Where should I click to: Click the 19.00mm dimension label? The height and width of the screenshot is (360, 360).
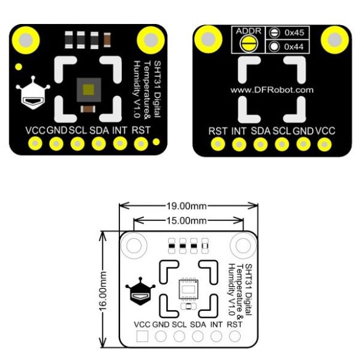click(186, 206)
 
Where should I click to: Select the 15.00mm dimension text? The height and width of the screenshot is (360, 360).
click(186, 221)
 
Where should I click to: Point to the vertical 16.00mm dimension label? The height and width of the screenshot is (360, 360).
click(103, 291)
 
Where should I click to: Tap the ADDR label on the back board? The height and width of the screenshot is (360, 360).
click(249, 31)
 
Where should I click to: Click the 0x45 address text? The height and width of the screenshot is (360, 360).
click(294, 33)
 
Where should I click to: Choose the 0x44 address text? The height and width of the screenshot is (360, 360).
click(294, 47)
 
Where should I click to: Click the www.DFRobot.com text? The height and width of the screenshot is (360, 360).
click(272, 90)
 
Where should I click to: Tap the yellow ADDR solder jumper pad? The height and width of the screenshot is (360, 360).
click(249, 44)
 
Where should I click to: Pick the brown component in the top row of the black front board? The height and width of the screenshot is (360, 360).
click(107, 40)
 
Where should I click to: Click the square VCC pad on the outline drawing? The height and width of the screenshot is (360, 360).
click(142, 337)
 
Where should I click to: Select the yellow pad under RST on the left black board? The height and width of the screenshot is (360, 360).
click(141, 144)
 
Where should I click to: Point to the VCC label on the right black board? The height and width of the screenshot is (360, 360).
click(325, 131)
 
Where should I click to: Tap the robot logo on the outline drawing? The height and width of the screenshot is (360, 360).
click(140, 291)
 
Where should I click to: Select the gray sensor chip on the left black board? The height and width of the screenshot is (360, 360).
click(89, 90)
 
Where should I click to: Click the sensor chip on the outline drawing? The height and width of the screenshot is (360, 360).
click(188, 289)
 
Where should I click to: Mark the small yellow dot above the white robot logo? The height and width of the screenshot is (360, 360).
click(18, 67)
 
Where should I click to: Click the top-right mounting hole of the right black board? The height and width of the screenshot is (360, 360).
click(335, 40)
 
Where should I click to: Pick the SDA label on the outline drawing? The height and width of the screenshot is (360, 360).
click(198, 324)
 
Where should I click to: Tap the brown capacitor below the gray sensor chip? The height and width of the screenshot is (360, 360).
click(88, 109)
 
